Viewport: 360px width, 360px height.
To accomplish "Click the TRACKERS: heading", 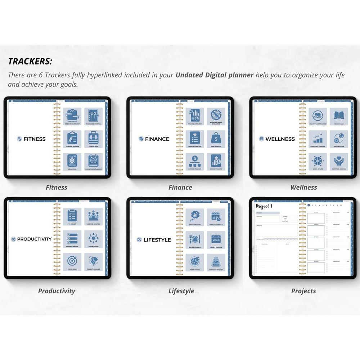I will (30, 61).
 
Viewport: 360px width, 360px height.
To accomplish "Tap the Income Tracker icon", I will (216, 161).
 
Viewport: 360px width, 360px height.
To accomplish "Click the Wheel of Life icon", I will (318, 161).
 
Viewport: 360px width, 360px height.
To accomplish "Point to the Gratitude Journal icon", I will (339, 161).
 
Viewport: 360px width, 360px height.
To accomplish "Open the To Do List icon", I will (72, 216).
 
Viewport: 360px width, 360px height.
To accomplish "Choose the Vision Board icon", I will (93, 238).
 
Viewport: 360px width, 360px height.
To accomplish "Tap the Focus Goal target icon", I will (72, 261).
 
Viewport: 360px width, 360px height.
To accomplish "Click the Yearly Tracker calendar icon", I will (216, 238).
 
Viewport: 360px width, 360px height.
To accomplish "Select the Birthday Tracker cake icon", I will (216, 261).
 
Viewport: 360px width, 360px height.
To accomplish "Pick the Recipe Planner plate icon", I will (195, 238).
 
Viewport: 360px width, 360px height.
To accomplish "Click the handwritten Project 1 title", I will (264, 206).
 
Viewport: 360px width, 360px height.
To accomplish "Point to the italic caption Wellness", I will (303, 187).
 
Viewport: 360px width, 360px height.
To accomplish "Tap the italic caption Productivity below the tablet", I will (57, 291).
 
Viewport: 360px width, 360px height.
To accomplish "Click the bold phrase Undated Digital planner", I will (215, 75).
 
